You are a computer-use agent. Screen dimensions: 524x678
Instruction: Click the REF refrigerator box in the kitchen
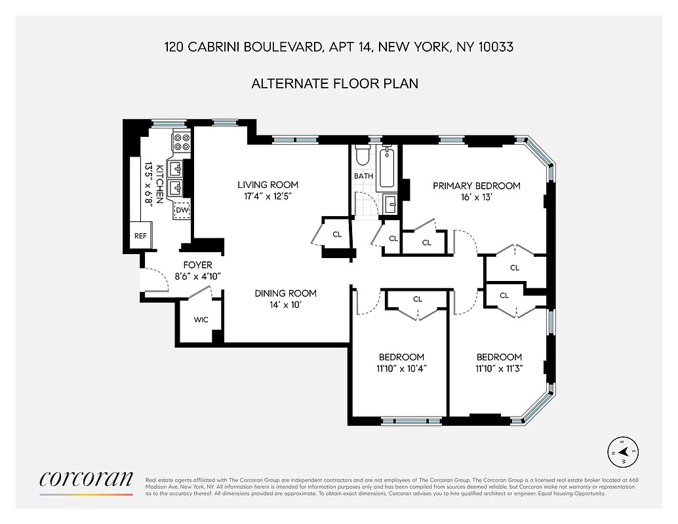pos(140,236)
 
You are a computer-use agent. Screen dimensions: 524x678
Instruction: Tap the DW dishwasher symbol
pos(182,210)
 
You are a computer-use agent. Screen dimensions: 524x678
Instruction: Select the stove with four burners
pos(182,143)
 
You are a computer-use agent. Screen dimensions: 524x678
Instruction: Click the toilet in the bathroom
pos(362,157)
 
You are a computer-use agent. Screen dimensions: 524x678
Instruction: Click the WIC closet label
pos(201,320)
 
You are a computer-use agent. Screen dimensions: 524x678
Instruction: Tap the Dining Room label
pos(285,293)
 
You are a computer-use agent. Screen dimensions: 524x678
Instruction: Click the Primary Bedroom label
pos(476,186)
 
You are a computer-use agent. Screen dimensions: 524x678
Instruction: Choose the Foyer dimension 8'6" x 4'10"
pos(197,276)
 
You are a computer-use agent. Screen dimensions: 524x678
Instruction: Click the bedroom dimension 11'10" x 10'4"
pos(401,368)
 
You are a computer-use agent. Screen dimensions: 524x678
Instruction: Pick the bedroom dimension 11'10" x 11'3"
pos(499,368)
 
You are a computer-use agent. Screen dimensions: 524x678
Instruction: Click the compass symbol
pos(624,451)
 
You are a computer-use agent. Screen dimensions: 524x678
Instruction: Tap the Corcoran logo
pos(86,479)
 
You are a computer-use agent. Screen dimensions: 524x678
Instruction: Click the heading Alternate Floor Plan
pos(335,84)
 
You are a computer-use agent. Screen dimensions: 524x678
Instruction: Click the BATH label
pos(364,176)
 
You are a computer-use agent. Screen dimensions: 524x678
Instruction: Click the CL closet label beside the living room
pos(337,234)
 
